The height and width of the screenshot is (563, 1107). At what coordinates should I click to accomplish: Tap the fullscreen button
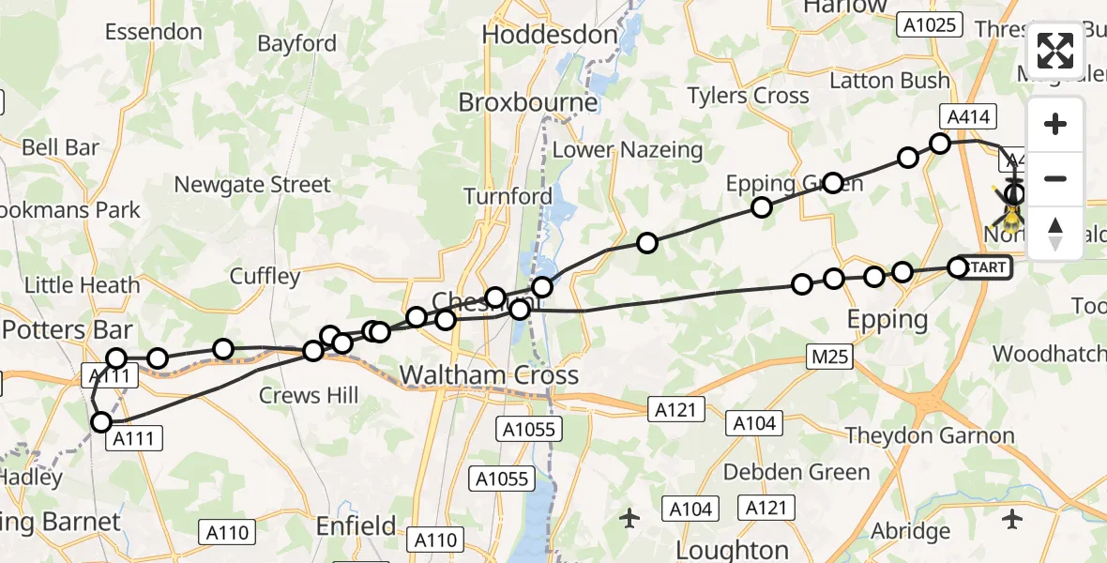coord(1055,51)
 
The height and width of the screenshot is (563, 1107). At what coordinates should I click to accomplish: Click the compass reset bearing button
coord(1055,234)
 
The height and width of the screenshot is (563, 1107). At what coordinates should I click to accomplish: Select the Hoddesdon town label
coord(550,35)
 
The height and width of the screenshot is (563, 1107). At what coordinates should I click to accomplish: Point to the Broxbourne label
coord(527,101)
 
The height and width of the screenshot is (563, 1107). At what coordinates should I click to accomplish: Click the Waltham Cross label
coord(489,375)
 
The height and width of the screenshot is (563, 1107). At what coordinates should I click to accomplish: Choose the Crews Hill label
coord(309,395)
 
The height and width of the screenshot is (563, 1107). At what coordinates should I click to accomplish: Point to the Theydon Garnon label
coord(930,435)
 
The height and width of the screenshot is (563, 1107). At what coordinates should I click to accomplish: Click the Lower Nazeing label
coord(627,149)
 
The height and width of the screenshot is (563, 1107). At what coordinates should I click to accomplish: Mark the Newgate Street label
coord(252,185)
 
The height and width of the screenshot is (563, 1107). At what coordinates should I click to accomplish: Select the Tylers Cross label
coord(748,96)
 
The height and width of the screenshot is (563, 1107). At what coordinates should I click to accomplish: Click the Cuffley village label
coord(265,276)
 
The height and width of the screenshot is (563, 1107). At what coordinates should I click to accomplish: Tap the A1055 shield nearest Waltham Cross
coord(528,430)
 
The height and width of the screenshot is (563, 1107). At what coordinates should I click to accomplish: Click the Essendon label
coord(154,32)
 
